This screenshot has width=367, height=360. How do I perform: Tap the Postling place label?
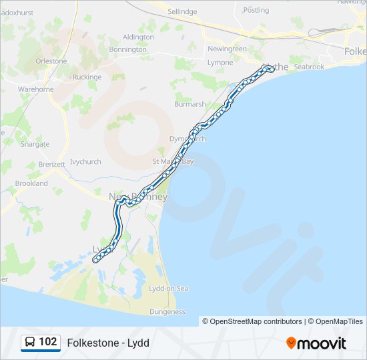pos(256,10)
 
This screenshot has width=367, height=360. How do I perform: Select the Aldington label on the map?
pos(138,37)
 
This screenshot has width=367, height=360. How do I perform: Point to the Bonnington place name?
pos(127,49)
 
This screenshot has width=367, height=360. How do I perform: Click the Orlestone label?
pos(51,61)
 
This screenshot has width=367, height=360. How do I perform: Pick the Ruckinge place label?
pos(87,77)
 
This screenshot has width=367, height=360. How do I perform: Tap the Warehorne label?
pos(36,89)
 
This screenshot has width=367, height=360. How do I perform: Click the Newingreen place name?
pos(227,49)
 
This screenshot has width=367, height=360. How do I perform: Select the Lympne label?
pos(220,62)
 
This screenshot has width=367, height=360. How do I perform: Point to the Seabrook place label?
pos(309,67)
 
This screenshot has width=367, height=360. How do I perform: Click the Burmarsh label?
pos(190,104)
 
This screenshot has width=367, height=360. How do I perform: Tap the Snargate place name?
pos(35,144)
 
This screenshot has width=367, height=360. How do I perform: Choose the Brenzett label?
pos(52,164)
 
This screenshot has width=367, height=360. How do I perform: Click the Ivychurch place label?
pos(85,161)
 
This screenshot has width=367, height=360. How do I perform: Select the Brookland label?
pos(31,183)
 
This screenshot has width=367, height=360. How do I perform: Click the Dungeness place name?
pos(167,311)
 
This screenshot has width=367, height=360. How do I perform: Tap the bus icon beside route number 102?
pos(30,342)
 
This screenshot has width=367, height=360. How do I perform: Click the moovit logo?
pos(316,343)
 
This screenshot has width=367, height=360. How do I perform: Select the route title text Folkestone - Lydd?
pos(108,343)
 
